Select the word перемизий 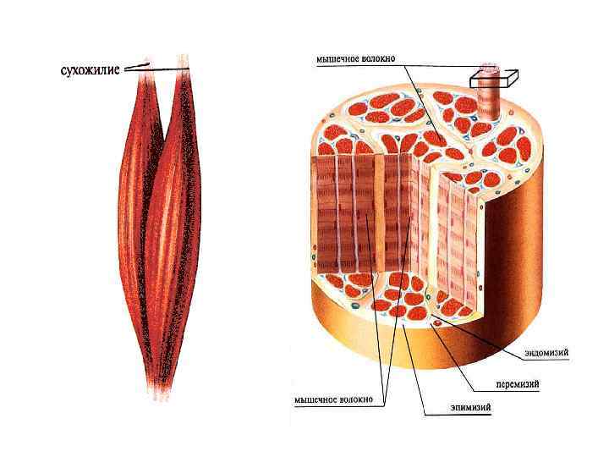click(518, 384)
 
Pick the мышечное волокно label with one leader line click(355, 60)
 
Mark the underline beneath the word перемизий click(518, 391)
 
